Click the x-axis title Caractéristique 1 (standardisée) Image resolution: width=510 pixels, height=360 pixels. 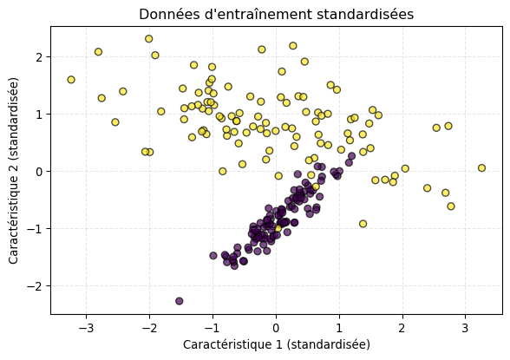coord(276,344)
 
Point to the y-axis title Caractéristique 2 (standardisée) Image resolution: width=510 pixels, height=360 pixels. coord(14,170)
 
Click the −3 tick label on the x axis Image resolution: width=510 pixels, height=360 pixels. coord(86,328)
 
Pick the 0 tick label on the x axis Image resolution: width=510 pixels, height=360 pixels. coord(276,328)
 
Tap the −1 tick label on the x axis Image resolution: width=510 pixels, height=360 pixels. coord(212,328)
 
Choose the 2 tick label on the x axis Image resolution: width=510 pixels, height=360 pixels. coord(402,328)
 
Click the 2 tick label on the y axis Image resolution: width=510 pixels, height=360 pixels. coord(39,57)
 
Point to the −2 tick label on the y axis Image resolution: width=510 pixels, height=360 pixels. coord(36,286)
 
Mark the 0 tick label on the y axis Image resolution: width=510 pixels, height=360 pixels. coord(39,172)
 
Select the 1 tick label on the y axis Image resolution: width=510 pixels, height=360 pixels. coord(39,115)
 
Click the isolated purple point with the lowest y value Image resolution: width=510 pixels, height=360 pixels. coord(180,301)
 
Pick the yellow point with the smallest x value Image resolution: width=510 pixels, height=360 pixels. coord(71,80)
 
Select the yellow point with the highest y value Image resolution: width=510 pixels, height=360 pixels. coord(149,39)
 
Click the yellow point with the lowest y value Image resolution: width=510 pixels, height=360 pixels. coord(363,224)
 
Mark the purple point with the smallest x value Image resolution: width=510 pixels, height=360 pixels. coord(180,301)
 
